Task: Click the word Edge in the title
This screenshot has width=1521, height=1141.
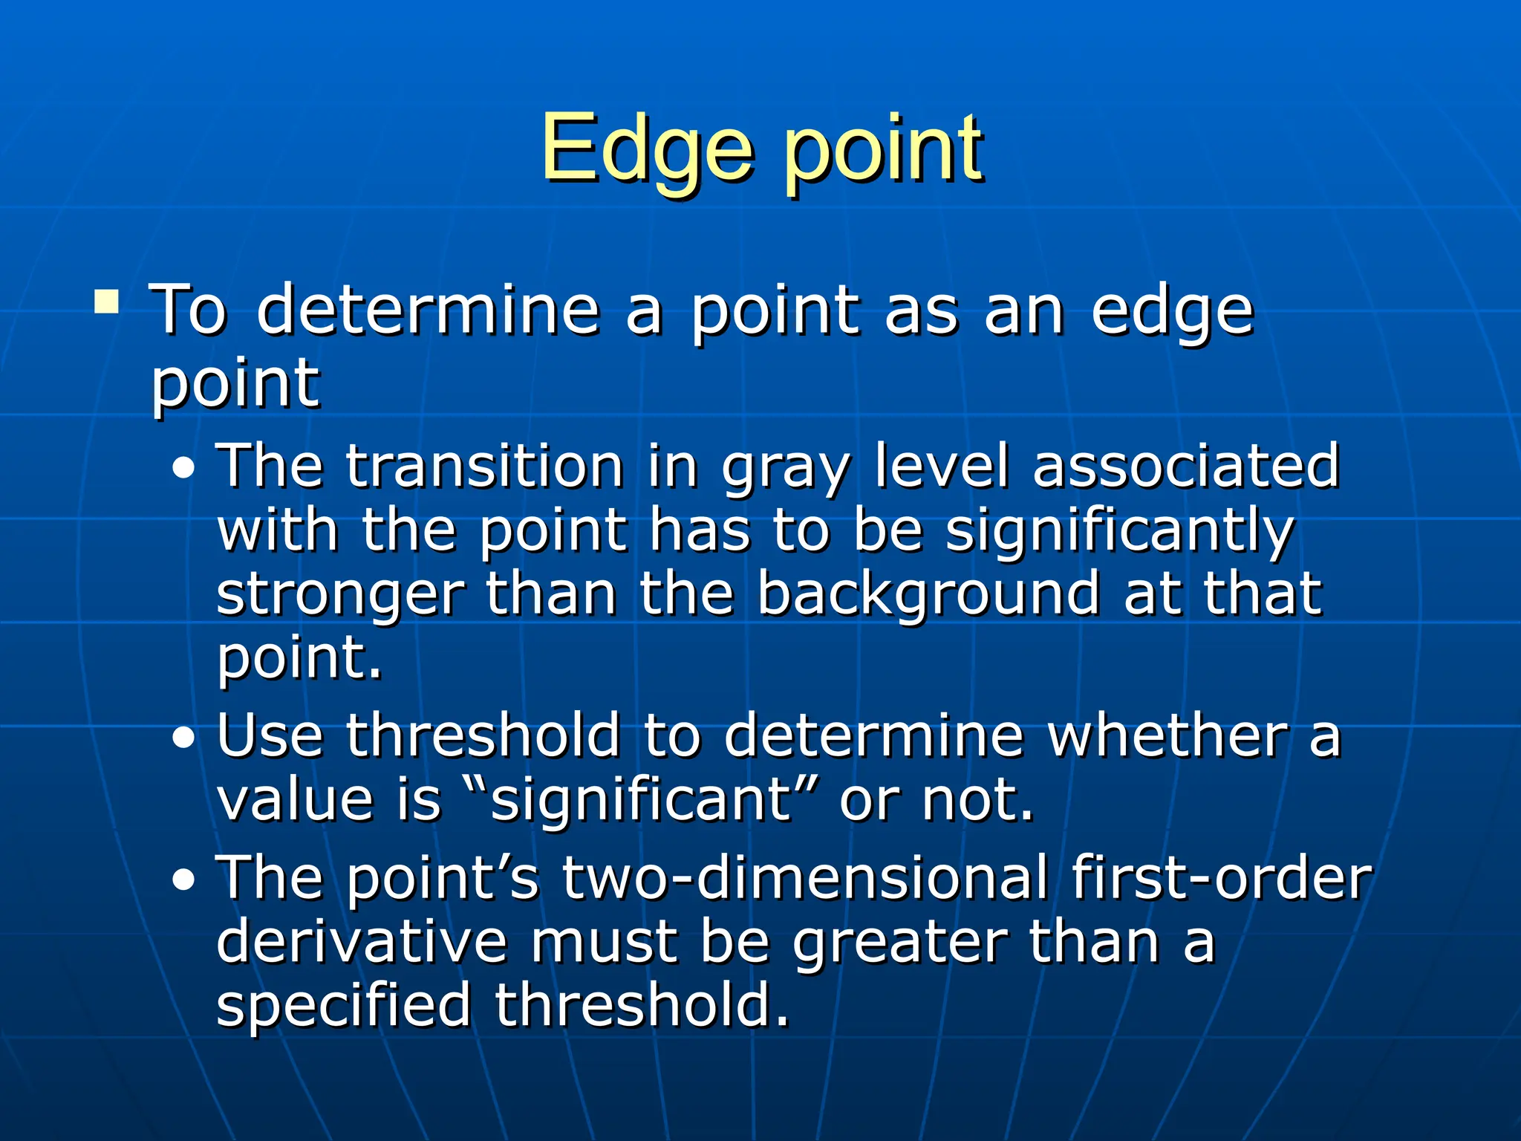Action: tap(646, 149)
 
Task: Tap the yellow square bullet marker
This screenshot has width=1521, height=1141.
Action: tap(107, 302)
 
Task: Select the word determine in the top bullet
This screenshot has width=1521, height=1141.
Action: tap(428, 311)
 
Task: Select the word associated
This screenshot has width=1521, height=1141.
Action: tap(1186, 467)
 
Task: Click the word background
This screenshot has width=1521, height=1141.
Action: tap(928, 596)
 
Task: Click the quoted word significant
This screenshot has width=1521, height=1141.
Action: tap(643, 802)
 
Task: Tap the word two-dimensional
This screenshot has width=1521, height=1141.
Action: tap(804, 878)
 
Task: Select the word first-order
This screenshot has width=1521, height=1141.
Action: tap(1221, 878)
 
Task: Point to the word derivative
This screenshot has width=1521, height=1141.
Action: tap(362, 942)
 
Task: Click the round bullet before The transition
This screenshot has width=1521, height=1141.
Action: tap(183, 469)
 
